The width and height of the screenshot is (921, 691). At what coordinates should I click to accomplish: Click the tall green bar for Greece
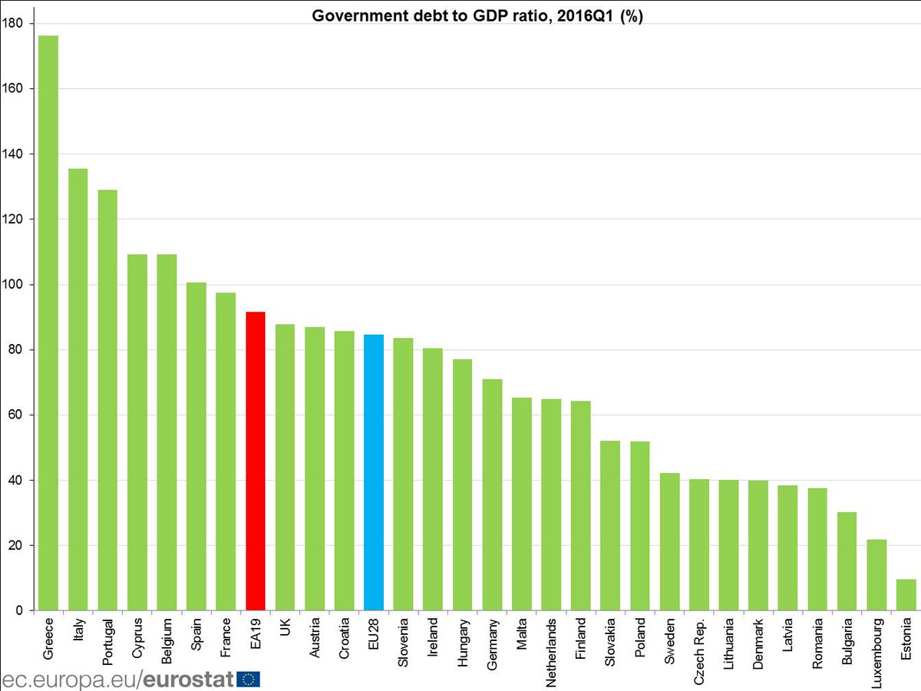48,322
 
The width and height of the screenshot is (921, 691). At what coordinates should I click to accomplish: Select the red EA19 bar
255,461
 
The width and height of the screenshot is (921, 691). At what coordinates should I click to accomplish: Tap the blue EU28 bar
374,472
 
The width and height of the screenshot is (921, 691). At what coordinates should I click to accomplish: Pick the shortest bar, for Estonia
906,595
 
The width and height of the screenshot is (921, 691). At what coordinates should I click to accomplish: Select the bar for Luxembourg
876,575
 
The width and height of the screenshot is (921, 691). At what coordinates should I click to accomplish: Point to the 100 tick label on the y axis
12,285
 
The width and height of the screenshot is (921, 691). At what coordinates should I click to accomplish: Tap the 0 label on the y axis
18,610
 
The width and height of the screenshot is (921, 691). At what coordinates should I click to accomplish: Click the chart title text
477,17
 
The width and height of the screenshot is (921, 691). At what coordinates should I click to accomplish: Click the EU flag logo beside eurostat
248,679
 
